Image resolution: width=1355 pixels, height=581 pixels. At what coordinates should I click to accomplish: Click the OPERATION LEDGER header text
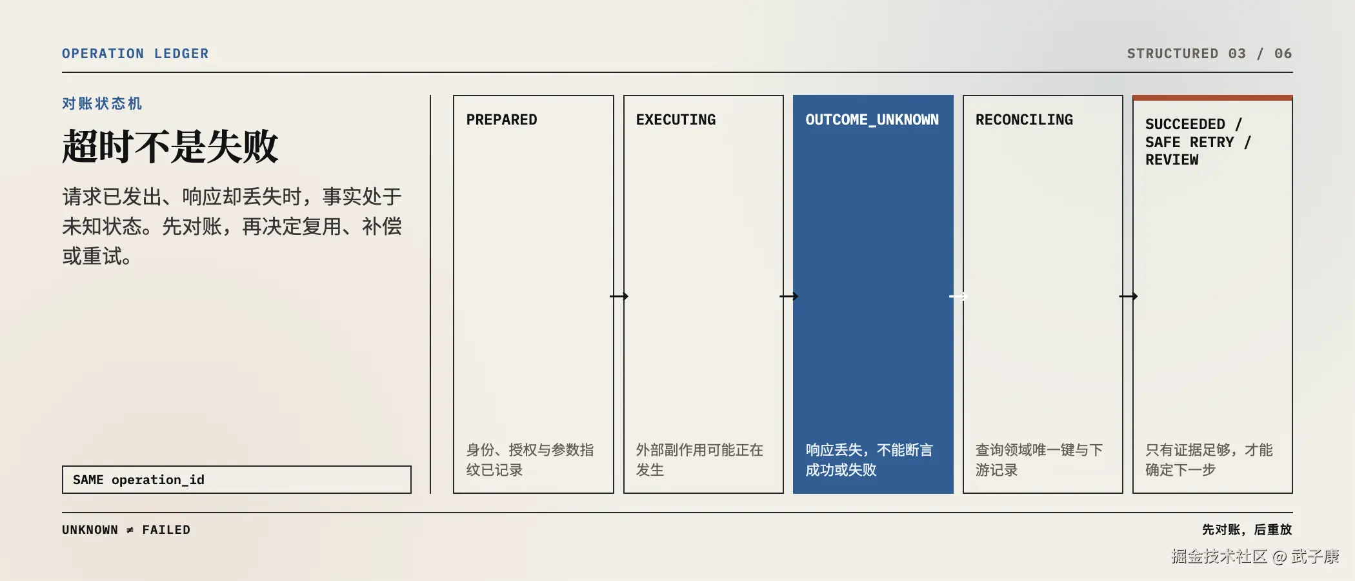(135, 54)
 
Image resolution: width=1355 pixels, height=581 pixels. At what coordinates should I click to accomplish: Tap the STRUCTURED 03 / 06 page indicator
(1209, 54)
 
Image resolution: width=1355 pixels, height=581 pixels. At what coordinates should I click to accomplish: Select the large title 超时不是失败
(170, 146)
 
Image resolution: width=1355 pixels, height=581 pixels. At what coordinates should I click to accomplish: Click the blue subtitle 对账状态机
(102, 103)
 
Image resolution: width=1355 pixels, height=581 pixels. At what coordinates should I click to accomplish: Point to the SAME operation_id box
(237, 480)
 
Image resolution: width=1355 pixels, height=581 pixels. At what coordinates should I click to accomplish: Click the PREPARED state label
(501, 119)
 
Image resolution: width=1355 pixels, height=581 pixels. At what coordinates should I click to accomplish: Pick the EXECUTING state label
(676, 119)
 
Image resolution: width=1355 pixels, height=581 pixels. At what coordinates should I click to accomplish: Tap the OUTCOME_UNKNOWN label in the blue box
(872, 119)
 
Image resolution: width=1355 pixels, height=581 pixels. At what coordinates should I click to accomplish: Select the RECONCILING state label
(1024, 119)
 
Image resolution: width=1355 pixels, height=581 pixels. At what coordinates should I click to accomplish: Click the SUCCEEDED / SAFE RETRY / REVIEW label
(1198, 142)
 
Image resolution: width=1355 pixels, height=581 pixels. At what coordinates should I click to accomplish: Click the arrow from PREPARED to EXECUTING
(619, 296)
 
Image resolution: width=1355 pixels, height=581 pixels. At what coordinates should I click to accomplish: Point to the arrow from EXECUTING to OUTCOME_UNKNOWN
(788, 296)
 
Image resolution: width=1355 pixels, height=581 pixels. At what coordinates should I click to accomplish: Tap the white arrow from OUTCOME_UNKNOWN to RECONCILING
(958, 296)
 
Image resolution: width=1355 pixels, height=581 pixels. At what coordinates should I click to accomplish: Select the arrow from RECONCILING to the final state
(1128, 296)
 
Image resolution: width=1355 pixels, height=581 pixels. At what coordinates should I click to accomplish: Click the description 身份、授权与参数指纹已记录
(530, 460)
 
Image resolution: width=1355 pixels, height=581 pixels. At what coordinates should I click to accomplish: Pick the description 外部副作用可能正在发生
(699, 460)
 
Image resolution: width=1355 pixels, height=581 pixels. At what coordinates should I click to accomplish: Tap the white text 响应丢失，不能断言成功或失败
(869, 460)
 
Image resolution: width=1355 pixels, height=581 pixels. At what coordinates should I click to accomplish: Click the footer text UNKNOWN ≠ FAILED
(126, 530)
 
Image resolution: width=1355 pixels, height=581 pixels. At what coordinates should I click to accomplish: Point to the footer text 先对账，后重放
(1247, 530)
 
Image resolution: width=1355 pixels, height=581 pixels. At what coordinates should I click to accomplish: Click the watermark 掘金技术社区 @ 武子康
(1255, 556)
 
